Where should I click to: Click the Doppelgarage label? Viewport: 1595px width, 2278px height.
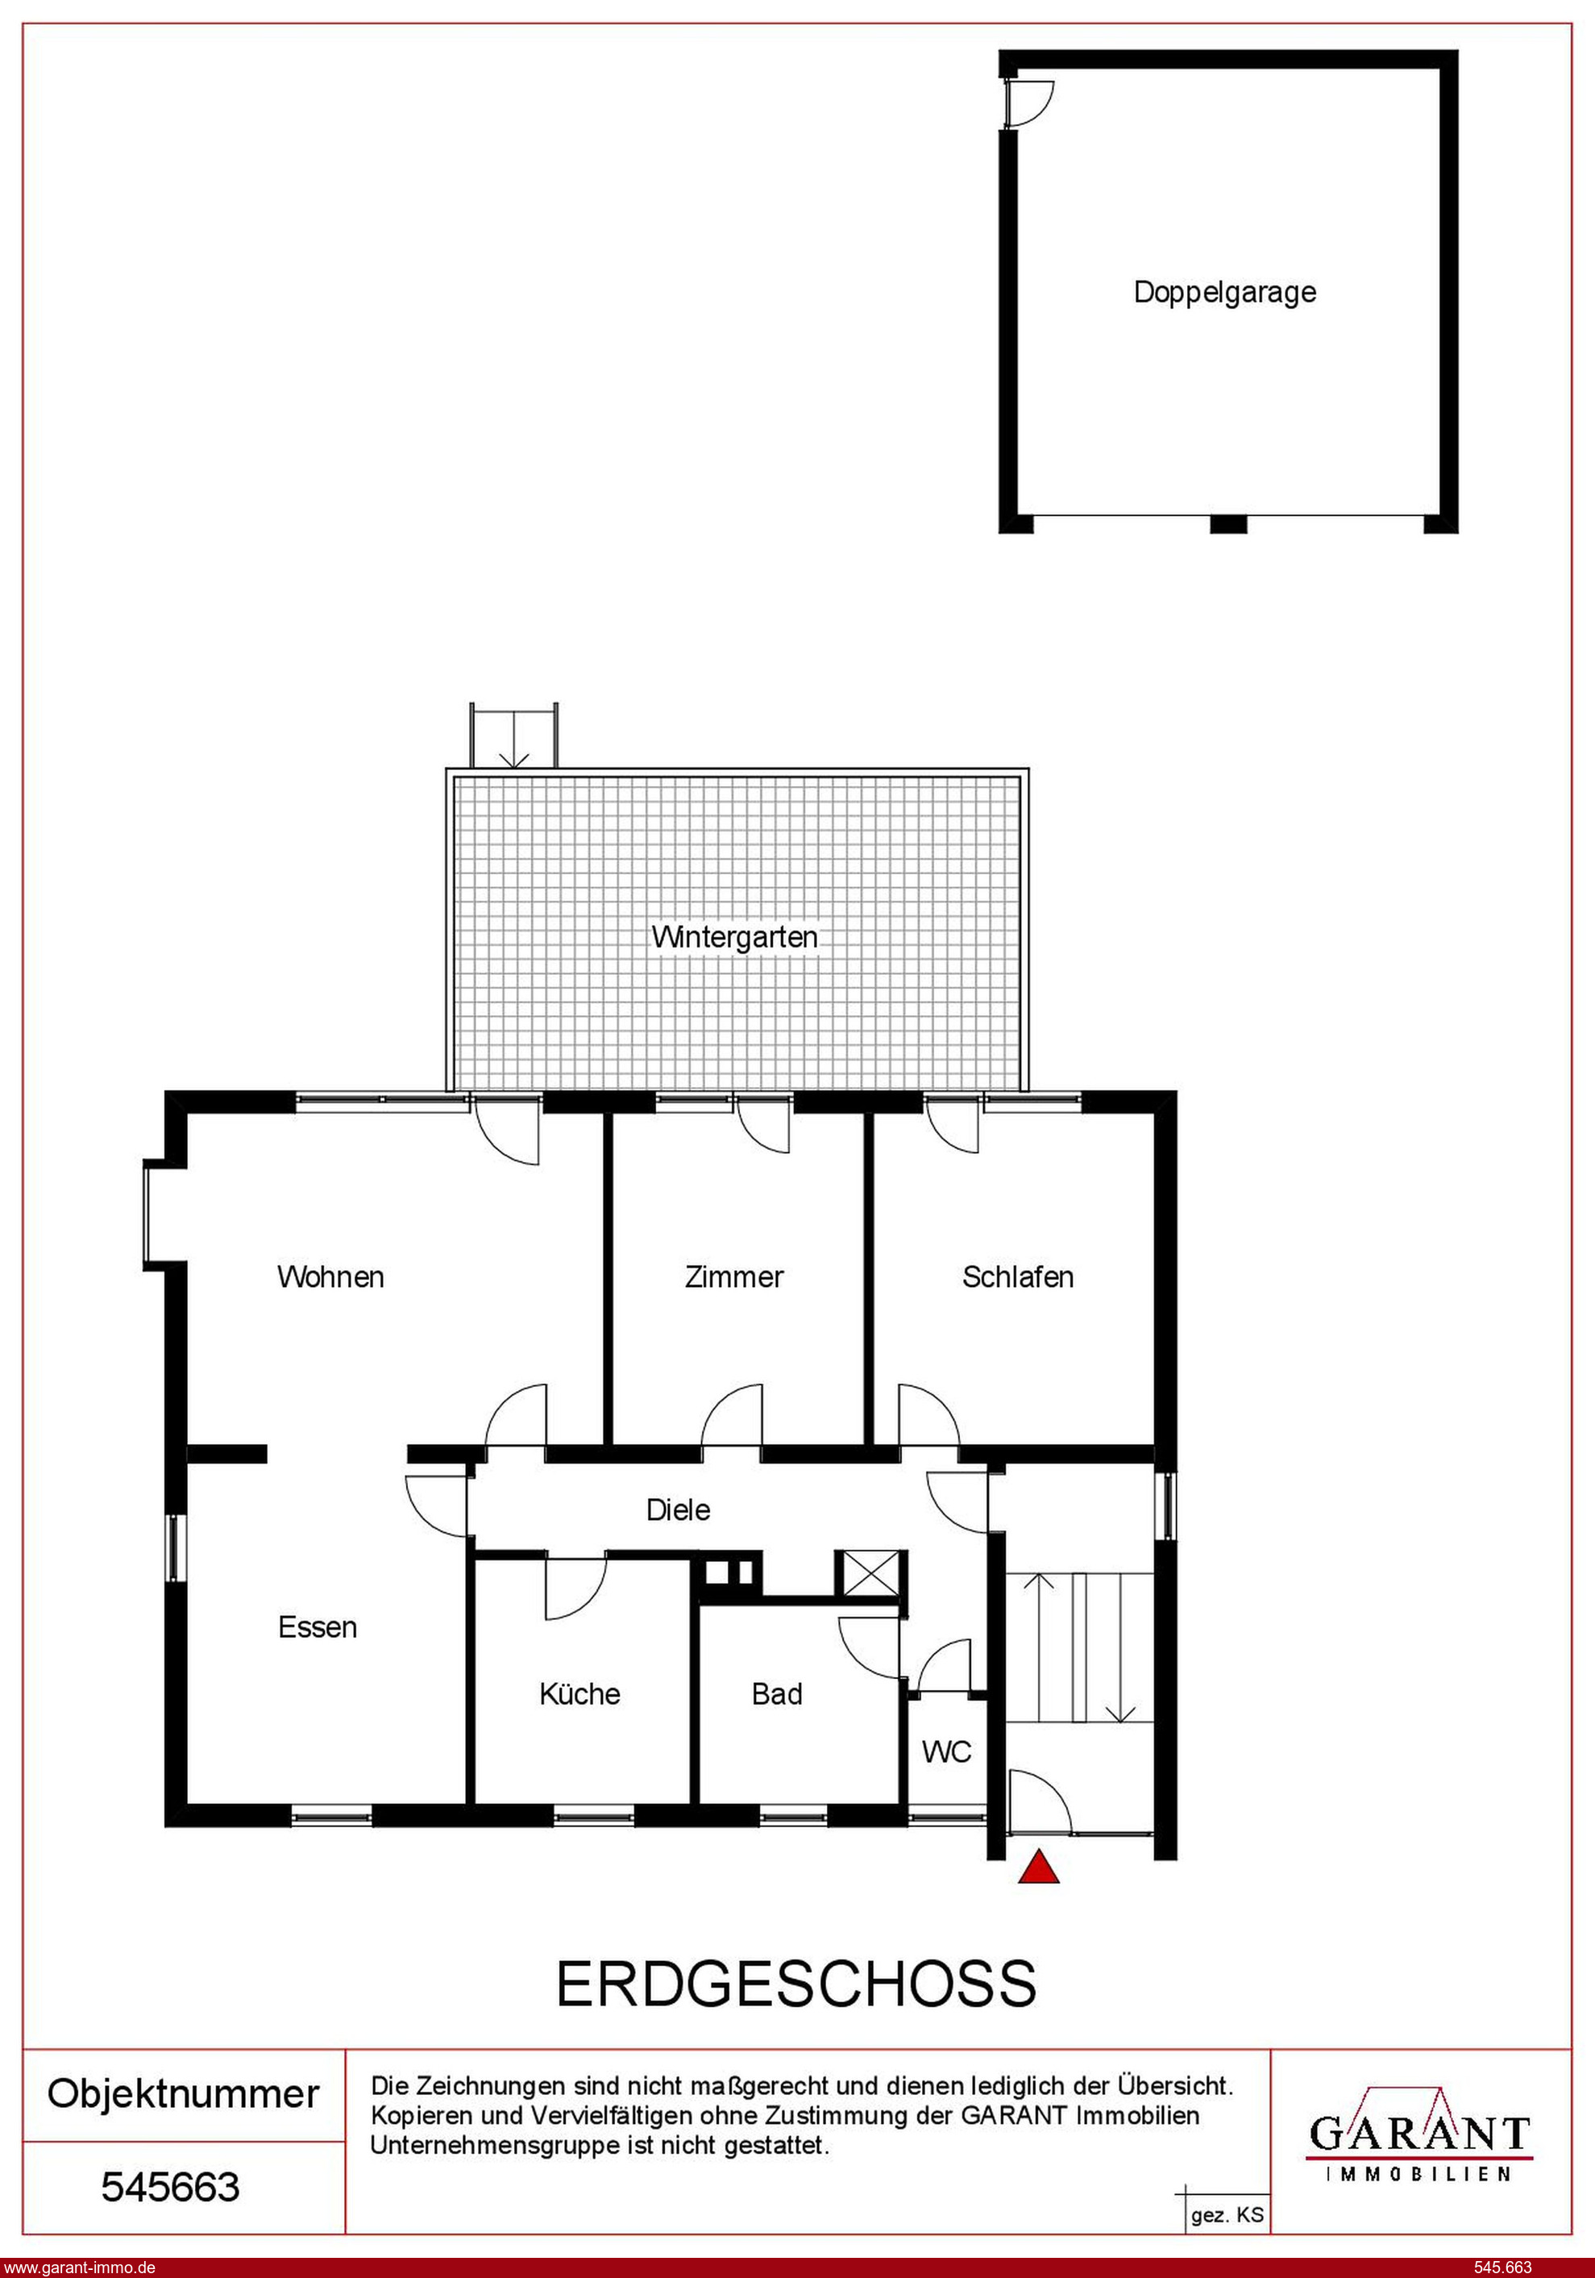[1225, 293]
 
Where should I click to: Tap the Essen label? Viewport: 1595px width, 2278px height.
[318, 1627]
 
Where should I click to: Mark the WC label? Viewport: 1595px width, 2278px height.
[946, 1752]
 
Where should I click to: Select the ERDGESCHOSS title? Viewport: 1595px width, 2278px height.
[796, 1984]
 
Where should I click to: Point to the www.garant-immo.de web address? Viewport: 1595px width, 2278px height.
[79, 2267]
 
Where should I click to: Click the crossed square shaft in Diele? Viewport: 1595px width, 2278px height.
[870, 1572]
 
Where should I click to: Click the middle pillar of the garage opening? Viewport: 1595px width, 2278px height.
[1228, 525]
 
